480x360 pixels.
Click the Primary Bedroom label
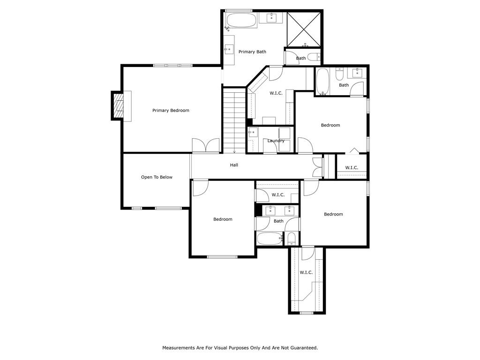coord(171,111)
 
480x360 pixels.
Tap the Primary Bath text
coord(252,52)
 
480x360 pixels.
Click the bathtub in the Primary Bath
coord(241,21)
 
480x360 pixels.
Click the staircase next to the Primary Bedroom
coord(234,120)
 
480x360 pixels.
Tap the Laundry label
coord(276,141)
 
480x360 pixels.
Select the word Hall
coord(234,165)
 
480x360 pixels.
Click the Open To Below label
coord(157,177)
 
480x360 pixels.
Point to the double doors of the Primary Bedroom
coord(205,145)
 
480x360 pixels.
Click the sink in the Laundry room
coord(253,133)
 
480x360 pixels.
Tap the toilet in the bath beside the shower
coord(316,58)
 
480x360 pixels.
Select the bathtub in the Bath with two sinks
coord(270,239)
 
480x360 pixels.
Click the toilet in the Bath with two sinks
coord(291,239)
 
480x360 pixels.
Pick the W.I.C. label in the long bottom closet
coord(306,272)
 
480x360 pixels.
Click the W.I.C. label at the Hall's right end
coord(352,168)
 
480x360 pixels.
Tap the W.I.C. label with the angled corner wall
coord(276,93)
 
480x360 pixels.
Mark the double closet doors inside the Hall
coord(318,167)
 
